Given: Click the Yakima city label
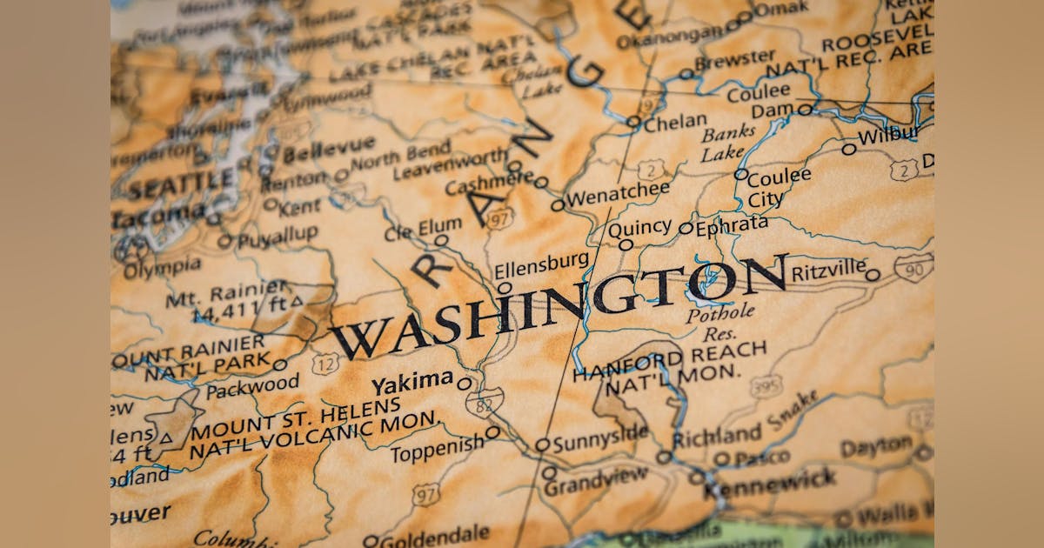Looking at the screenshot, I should [x=412, y=383].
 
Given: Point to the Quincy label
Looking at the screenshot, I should [x=639, y=229].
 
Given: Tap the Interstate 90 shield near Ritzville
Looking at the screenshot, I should [x=913, y=267].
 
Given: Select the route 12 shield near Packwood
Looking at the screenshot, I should [x=325, y=363].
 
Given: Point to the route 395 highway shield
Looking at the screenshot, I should [x=766, y=386].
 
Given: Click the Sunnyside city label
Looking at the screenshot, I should [x=600, y=437].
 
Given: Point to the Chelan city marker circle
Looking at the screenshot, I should [x=633, y=122].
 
